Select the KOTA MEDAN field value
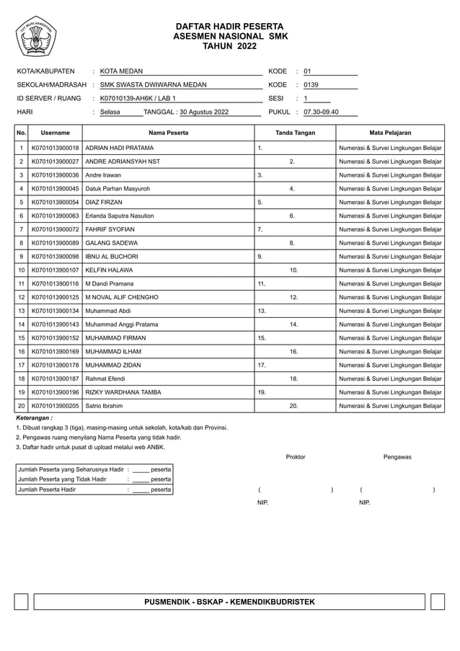[x=121, y=71]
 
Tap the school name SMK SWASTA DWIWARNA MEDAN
[x=153, y=85]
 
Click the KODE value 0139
[x=311, y=85]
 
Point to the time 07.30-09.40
[x=321, y=112]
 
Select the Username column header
[x=55, y=133]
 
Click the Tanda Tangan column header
[x=296, y=133]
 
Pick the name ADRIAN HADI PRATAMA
[x=119, y=148]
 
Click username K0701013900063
[x=55, y=216]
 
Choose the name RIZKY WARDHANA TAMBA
[x=123, y=393]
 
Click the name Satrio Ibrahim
[x=104, y=407]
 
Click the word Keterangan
[x=34, y=418]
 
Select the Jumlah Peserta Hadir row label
[x=47, y=490]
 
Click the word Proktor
[x=296, y=457]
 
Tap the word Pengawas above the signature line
[x=397, y=457]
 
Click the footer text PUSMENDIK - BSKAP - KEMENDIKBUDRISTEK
[x=229, y=601]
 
